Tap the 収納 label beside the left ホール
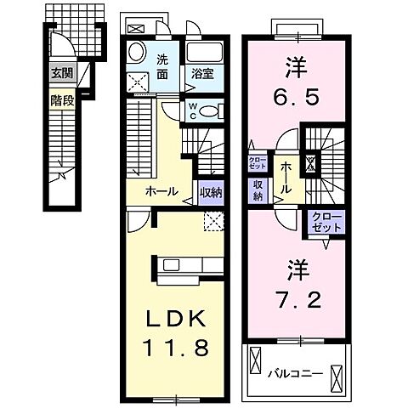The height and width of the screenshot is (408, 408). point(211,193)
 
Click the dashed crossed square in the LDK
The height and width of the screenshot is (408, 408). point(214,223)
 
